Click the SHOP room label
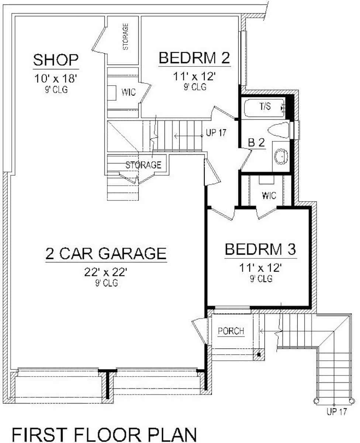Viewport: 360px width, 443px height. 56,60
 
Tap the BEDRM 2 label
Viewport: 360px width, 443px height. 194,58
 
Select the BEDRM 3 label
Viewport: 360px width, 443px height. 260,250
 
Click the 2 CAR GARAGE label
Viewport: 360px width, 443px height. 106,254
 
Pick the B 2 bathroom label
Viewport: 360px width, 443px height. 256,143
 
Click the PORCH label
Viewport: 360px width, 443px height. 231,331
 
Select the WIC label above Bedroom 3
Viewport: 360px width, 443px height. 269,195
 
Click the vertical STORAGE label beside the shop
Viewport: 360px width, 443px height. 126,37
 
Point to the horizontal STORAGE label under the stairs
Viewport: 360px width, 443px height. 143,165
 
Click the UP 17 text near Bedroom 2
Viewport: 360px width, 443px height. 216,133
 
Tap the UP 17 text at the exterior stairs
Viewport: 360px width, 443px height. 336,412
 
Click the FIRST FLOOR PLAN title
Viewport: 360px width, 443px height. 104,434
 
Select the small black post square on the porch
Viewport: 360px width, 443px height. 259,355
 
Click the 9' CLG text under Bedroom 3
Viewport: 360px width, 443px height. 261,279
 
